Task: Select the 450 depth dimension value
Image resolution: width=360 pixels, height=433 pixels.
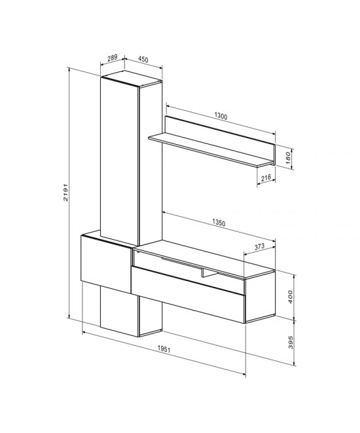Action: point(143,60)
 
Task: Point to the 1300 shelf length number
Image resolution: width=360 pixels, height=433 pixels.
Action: point(221,117)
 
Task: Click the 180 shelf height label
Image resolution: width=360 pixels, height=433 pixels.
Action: point(286,159)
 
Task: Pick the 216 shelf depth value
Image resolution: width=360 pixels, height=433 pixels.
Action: point(266,178)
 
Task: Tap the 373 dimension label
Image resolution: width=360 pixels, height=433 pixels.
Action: point(258,246)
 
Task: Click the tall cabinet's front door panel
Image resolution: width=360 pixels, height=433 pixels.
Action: point(120,157)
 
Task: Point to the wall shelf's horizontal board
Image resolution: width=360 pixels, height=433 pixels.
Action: point(209,147)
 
